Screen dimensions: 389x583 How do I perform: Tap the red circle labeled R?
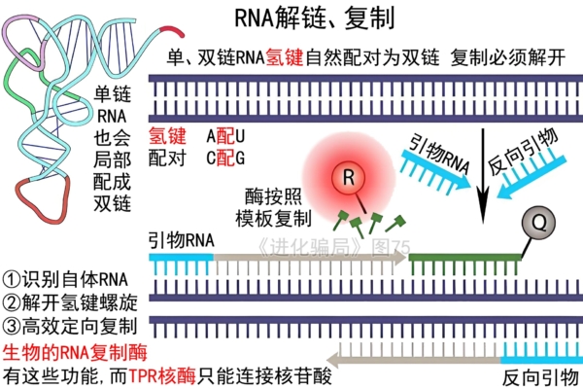coord(348,178)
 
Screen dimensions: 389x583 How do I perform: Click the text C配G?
coord(225,157)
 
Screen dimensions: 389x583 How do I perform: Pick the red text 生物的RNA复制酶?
coord(74,352)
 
